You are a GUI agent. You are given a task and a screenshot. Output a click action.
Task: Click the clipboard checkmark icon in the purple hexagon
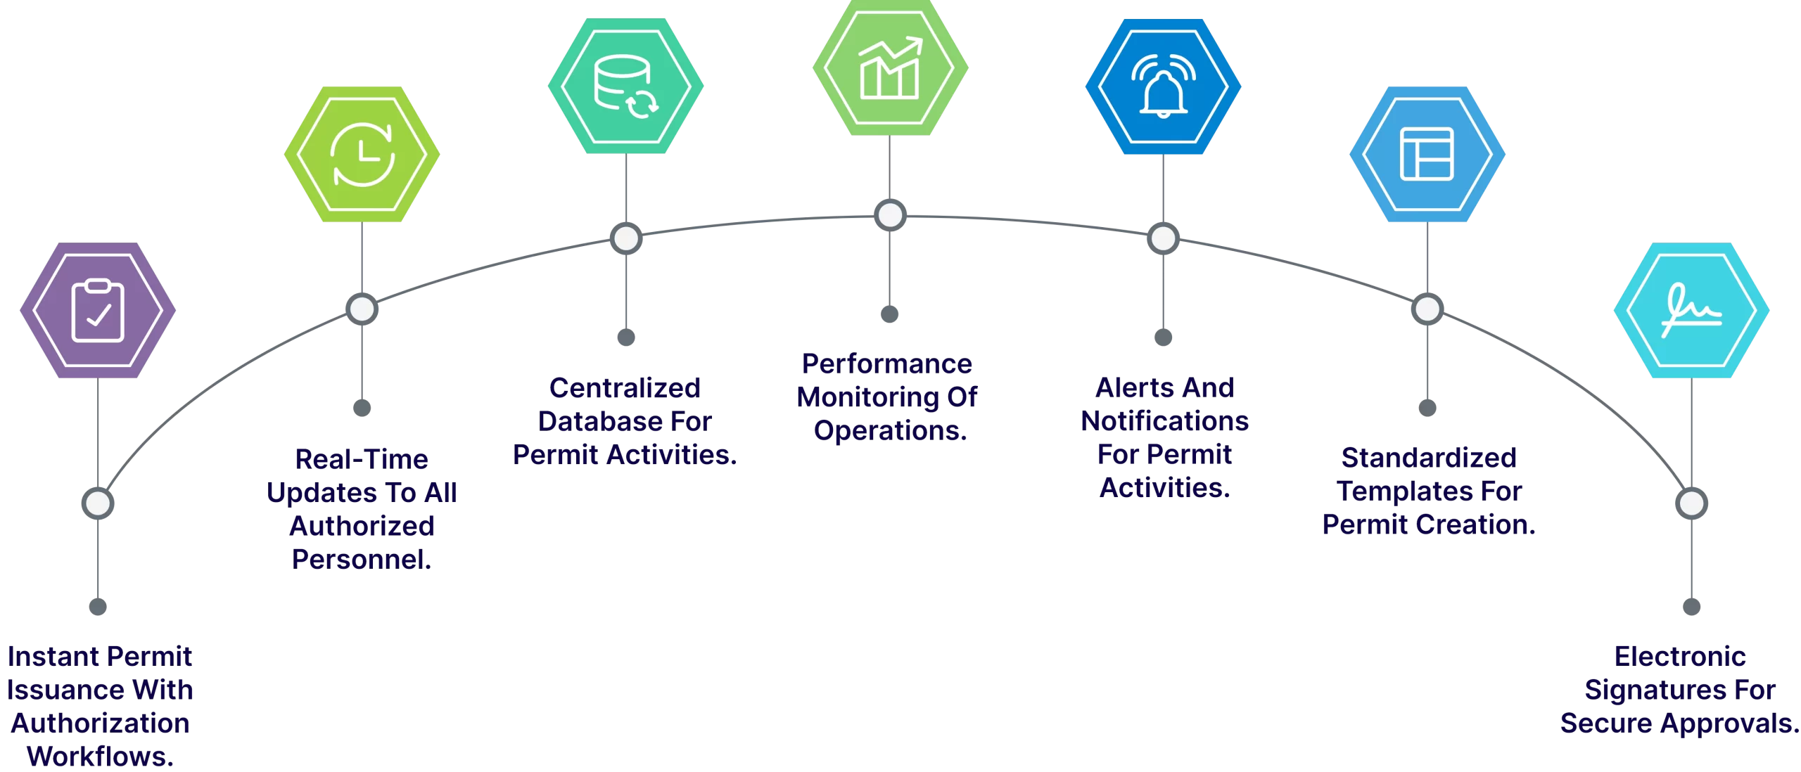[98, 311]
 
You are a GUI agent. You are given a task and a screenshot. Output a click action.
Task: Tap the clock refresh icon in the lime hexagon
[362, 154]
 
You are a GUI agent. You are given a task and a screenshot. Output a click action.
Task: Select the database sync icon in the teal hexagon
[626, 86]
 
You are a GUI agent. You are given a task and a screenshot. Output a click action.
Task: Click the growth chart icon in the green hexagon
[890, 68]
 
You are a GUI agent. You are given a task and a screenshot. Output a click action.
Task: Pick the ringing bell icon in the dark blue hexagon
[1163, 86]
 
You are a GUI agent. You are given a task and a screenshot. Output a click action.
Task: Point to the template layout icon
[1427, 154]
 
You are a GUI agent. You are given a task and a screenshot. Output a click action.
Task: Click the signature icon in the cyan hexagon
[1691, 311]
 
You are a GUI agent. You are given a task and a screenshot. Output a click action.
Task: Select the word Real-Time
[362, 459]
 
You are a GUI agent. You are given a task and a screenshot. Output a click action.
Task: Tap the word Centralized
[625, 387]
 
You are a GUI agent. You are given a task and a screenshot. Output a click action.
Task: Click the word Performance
[886, 364]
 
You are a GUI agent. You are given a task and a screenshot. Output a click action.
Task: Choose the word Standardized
[1428, 458]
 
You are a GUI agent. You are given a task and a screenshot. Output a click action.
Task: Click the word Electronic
[1679, 657]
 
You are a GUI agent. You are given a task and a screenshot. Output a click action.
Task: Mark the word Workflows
[101, 757]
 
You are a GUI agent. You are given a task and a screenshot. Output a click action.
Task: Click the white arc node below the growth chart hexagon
[890, 215]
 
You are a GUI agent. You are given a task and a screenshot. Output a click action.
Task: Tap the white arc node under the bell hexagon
[1163, 238]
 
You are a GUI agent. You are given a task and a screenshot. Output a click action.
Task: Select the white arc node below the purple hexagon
[98, 503]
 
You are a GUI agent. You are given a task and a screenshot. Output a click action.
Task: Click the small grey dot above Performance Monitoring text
[890, 314]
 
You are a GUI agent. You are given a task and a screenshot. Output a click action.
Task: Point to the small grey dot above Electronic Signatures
[1691, 606]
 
